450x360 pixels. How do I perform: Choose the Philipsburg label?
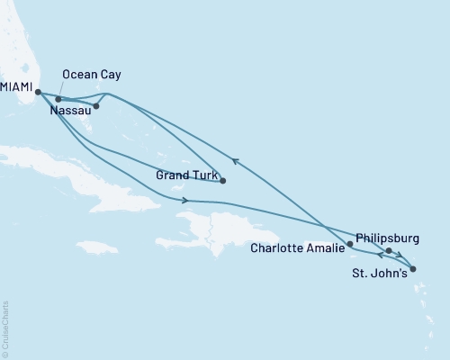[388, 238]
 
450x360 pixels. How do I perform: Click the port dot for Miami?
[38, 92]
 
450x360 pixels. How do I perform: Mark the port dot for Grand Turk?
[222, 181]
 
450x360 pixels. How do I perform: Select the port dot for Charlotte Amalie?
[349, 243]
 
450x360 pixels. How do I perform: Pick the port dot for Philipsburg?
[389, 251]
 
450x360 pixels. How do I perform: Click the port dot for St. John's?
[412, 268]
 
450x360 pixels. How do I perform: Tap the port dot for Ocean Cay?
[58, 99]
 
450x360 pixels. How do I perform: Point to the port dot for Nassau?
[96, 106]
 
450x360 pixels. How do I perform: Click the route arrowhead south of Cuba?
[185, 200]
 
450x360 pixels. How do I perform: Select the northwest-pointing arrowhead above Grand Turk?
[236, 161]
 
